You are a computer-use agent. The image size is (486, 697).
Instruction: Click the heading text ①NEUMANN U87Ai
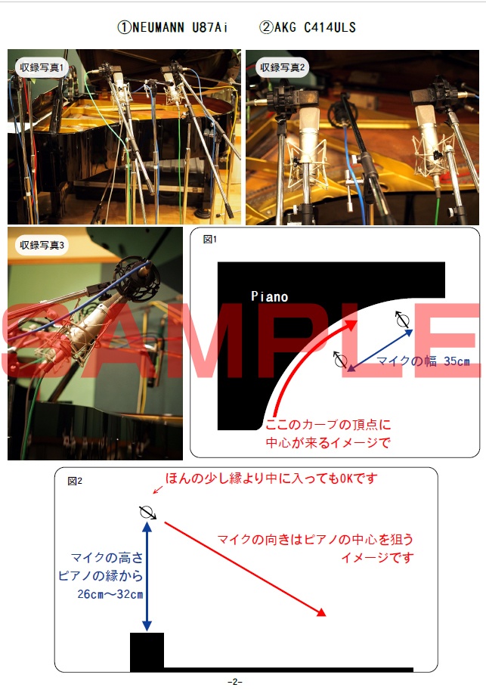coord(172,28)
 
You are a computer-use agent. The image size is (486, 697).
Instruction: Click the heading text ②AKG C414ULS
coord(307,28)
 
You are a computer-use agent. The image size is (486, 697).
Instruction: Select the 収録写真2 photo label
coord(281,68)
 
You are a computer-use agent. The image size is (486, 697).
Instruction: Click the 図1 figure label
coord(210,240)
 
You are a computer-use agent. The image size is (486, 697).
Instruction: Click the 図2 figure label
coord(75,481)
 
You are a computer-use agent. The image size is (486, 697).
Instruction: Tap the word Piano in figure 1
coord(269,297)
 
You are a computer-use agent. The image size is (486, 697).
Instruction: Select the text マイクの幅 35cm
coord(423,361)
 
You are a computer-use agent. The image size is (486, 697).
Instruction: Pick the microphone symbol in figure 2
coord(147,513)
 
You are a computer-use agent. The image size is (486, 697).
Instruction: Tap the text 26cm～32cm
coord(110,593)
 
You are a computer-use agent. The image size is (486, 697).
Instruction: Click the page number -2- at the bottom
coord(234,682)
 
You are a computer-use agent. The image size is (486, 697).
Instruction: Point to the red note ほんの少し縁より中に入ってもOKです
coord(271,479)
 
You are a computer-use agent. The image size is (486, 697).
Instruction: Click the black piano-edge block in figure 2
coord(147,652)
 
